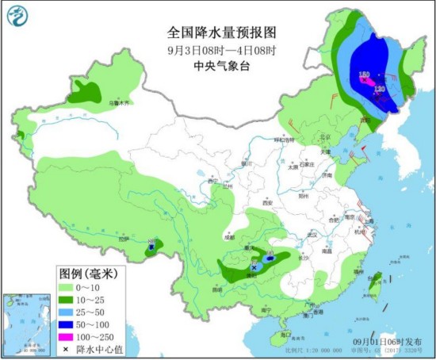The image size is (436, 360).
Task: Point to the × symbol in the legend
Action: [x=66, y=349]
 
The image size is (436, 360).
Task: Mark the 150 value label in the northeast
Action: [x=365, y=75]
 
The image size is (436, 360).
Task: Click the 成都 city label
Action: [x=229, y=236]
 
